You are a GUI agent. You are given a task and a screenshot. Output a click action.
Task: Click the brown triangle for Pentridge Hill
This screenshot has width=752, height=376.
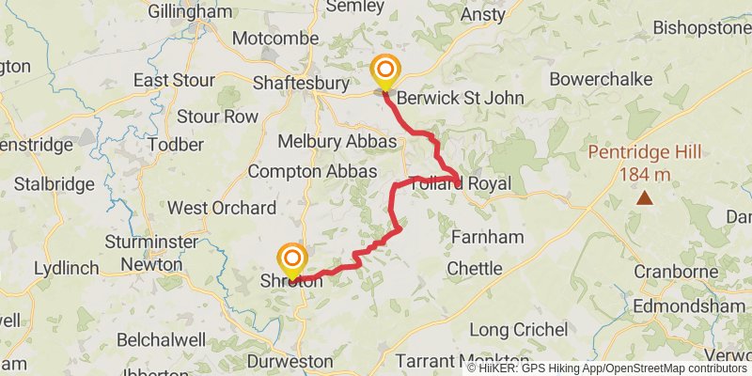(645, 197)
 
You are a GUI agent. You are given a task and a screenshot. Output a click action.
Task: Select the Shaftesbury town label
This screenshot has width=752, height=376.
(301, 84)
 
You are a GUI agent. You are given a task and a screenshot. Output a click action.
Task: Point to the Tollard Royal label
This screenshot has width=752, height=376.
(461, 184)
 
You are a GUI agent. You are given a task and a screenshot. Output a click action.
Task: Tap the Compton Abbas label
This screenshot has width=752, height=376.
(312, 172)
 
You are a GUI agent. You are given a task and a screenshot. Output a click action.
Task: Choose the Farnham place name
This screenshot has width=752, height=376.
(487, 237)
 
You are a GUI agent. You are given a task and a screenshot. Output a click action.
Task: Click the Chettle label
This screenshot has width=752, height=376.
(475, 269)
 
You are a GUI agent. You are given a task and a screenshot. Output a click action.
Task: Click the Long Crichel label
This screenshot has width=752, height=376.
(518, 330)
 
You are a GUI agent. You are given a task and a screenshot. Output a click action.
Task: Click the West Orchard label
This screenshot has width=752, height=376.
(222, 208)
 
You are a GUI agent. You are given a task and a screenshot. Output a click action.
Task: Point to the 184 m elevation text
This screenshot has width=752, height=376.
(645, 174)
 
